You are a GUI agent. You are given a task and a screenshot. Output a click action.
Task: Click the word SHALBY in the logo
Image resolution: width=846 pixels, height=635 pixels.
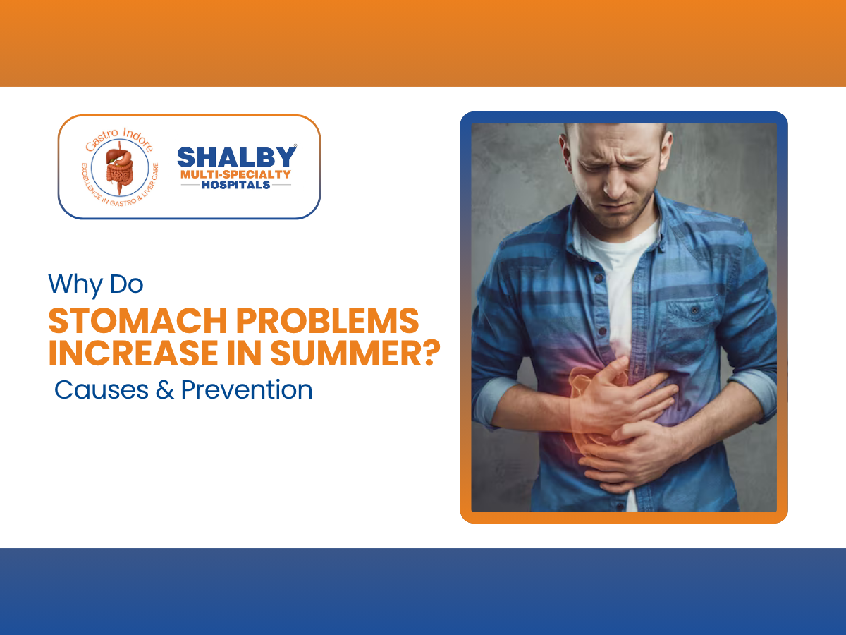(236, 157)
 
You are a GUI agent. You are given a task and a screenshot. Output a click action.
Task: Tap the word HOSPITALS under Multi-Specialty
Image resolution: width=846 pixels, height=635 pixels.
(236, 185)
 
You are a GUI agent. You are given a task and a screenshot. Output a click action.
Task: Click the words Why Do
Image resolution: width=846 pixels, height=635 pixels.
(95, 284)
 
